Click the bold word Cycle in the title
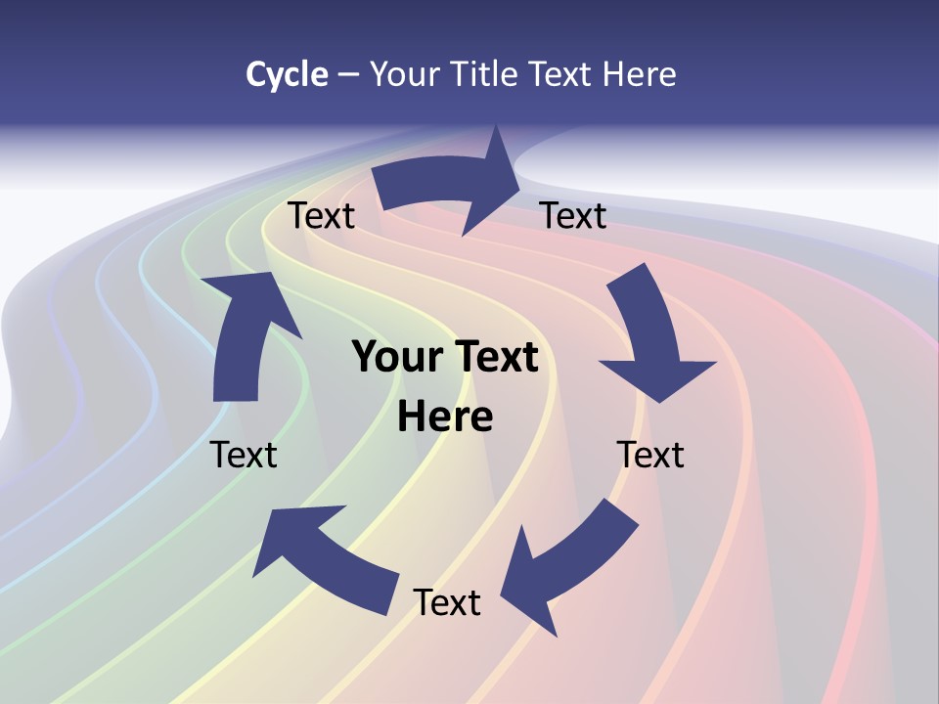(286, 74)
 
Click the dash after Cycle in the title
(348, 75)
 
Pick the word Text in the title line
(563, 74)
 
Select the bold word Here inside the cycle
(445, 418)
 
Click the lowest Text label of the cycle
(447, 603)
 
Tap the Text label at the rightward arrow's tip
(573, 216)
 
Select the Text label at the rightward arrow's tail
(321, 216)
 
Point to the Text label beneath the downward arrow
(650, 456)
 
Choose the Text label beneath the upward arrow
(244, 456)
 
